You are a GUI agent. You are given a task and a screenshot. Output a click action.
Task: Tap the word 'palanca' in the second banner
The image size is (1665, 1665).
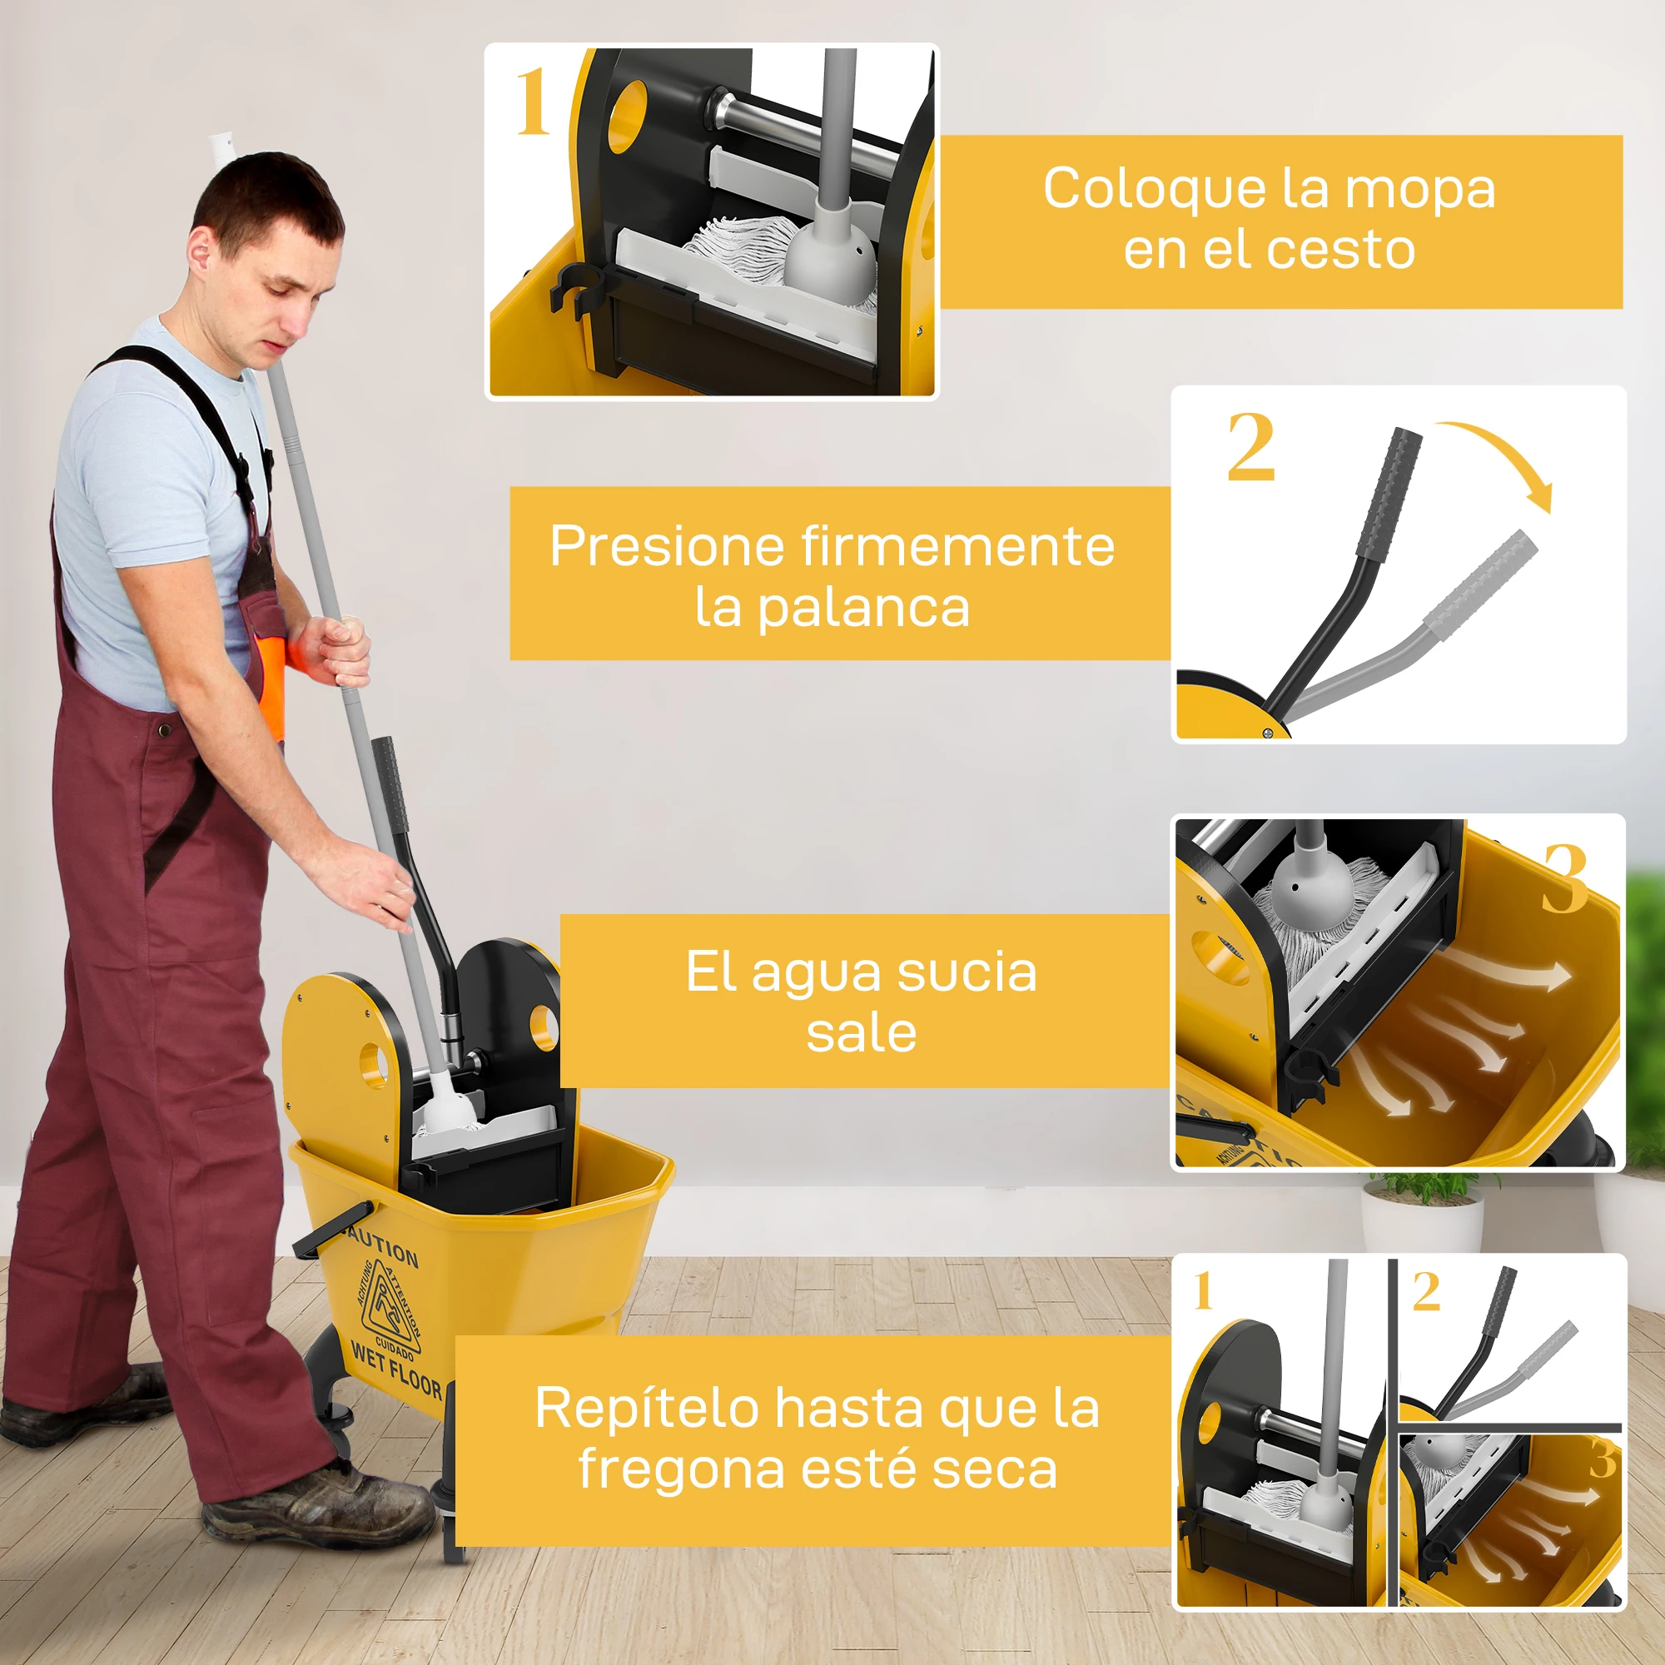click(x=862, y=609)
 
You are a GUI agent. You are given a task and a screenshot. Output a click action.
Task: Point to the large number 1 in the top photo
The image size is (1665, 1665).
click(x=533, y=102)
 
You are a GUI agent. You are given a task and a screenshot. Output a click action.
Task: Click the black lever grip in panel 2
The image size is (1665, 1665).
click(x=1389, y=494)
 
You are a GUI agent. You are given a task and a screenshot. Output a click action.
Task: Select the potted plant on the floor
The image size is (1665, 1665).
click(x=1422, y=1210)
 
